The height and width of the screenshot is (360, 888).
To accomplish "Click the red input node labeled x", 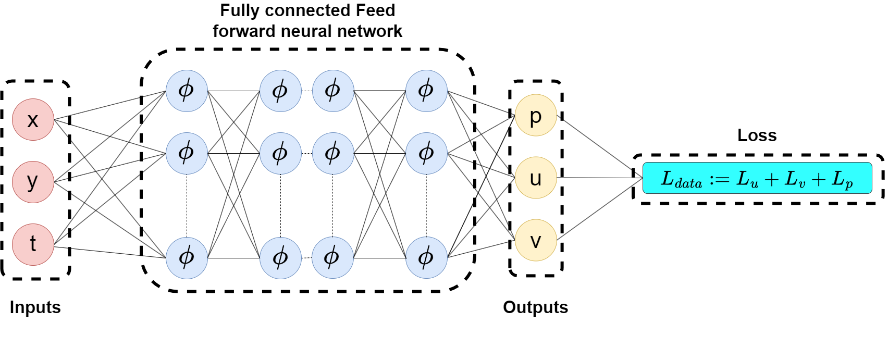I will pyautogui.click(x=33, y=120).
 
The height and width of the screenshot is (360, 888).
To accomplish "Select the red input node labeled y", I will pyautogui.click(x=33, y=182).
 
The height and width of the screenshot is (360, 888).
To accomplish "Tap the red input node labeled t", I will pyautogui.click(x=33, y=244).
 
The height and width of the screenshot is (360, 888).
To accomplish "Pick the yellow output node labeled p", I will pyautogui.click(x=536, y=115).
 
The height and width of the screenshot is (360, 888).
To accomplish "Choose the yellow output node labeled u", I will pyautogui.click(x=536, y=178).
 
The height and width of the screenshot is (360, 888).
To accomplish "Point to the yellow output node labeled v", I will pyautogui.click(x=536, y=240).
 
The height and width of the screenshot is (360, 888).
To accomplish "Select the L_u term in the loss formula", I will pyautogui.click(x=747, y=179).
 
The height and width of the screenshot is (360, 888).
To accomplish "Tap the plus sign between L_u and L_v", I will pyautogui.click(x=771, y=179).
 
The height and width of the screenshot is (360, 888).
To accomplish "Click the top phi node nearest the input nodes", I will pyautogui.click(x=187, y=91).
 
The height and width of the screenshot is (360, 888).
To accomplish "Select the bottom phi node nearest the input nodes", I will pyautogui.click(x=187, y=257).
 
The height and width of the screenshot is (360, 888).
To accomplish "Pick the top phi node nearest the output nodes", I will pyautogui.click(x=426, y=91).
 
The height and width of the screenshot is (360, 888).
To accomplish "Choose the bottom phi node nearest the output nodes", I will pyautogui.click(x=426, y=257).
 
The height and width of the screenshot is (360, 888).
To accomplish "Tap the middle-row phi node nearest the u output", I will pyautogui.click(x=426, y=153).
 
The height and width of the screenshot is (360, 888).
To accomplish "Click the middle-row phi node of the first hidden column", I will pyautogui.click(x=187, y=153).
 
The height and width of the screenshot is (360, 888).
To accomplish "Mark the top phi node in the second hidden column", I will pyautogui.click(x=280, y=91).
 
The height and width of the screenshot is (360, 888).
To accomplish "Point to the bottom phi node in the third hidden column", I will pyautogui.click(x=332, y=257).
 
